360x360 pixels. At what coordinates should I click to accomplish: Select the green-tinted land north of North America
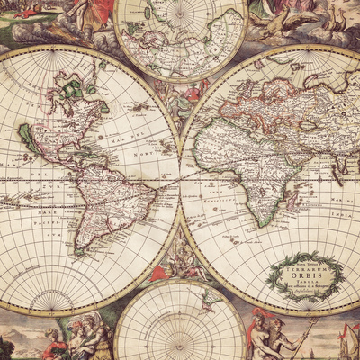72,91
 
